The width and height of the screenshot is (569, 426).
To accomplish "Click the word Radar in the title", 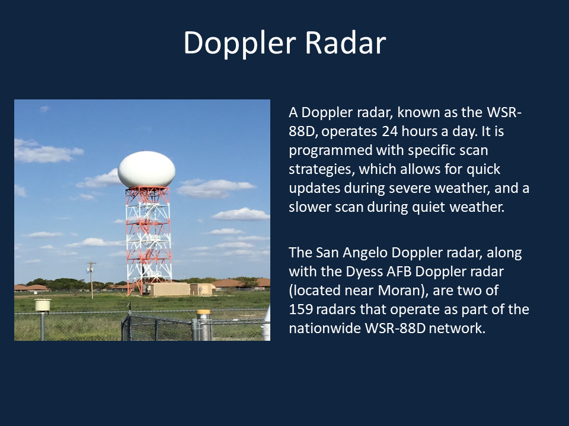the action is click(345, 43).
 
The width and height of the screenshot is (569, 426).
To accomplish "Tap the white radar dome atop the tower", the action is click(146, 170).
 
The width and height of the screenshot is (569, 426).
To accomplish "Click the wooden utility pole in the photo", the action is click(91, 280).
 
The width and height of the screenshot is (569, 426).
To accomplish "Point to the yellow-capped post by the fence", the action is click(203, 325).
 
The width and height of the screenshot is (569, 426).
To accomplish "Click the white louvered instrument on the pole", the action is click(43, 305).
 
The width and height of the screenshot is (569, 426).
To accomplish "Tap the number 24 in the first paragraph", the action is click(389, 131).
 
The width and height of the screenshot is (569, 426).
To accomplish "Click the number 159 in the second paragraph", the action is click(301, 309).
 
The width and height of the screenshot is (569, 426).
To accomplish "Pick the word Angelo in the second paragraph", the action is click(365, 253).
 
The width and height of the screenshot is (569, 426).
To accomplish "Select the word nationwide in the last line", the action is click(325, 328).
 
